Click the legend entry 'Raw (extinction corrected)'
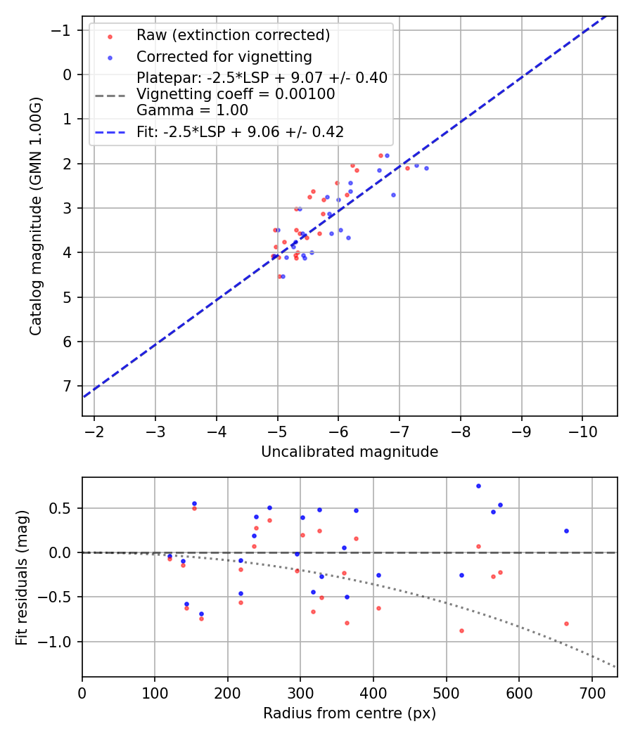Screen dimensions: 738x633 (233, 35)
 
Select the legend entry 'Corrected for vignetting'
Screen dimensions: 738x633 (224, 56)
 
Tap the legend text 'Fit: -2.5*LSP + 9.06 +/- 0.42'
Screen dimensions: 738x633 (240, 131)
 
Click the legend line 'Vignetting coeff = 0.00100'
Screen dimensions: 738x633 (236, 93)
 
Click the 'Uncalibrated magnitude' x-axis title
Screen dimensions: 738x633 (350, 452)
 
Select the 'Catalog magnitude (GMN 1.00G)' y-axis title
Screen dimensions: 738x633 (36, 216)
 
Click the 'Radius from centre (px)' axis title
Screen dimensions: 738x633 (350, 713)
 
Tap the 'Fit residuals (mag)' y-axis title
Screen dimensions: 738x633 (22, 577)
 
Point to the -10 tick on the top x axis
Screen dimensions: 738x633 (582, 429)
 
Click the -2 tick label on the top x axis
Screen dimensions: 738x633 (95, 429)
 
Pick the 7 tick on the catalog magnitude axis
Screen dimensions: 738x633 (68, 386)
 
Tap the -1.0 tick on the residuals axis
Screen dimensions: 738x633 (59, 642)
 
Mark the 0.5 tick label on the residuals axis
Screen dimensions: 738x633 (63, 508)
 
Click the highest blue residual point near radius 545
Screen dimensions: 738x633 (478, 486)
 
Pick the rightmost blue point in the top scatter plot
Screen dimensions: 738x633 (426, 168)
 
